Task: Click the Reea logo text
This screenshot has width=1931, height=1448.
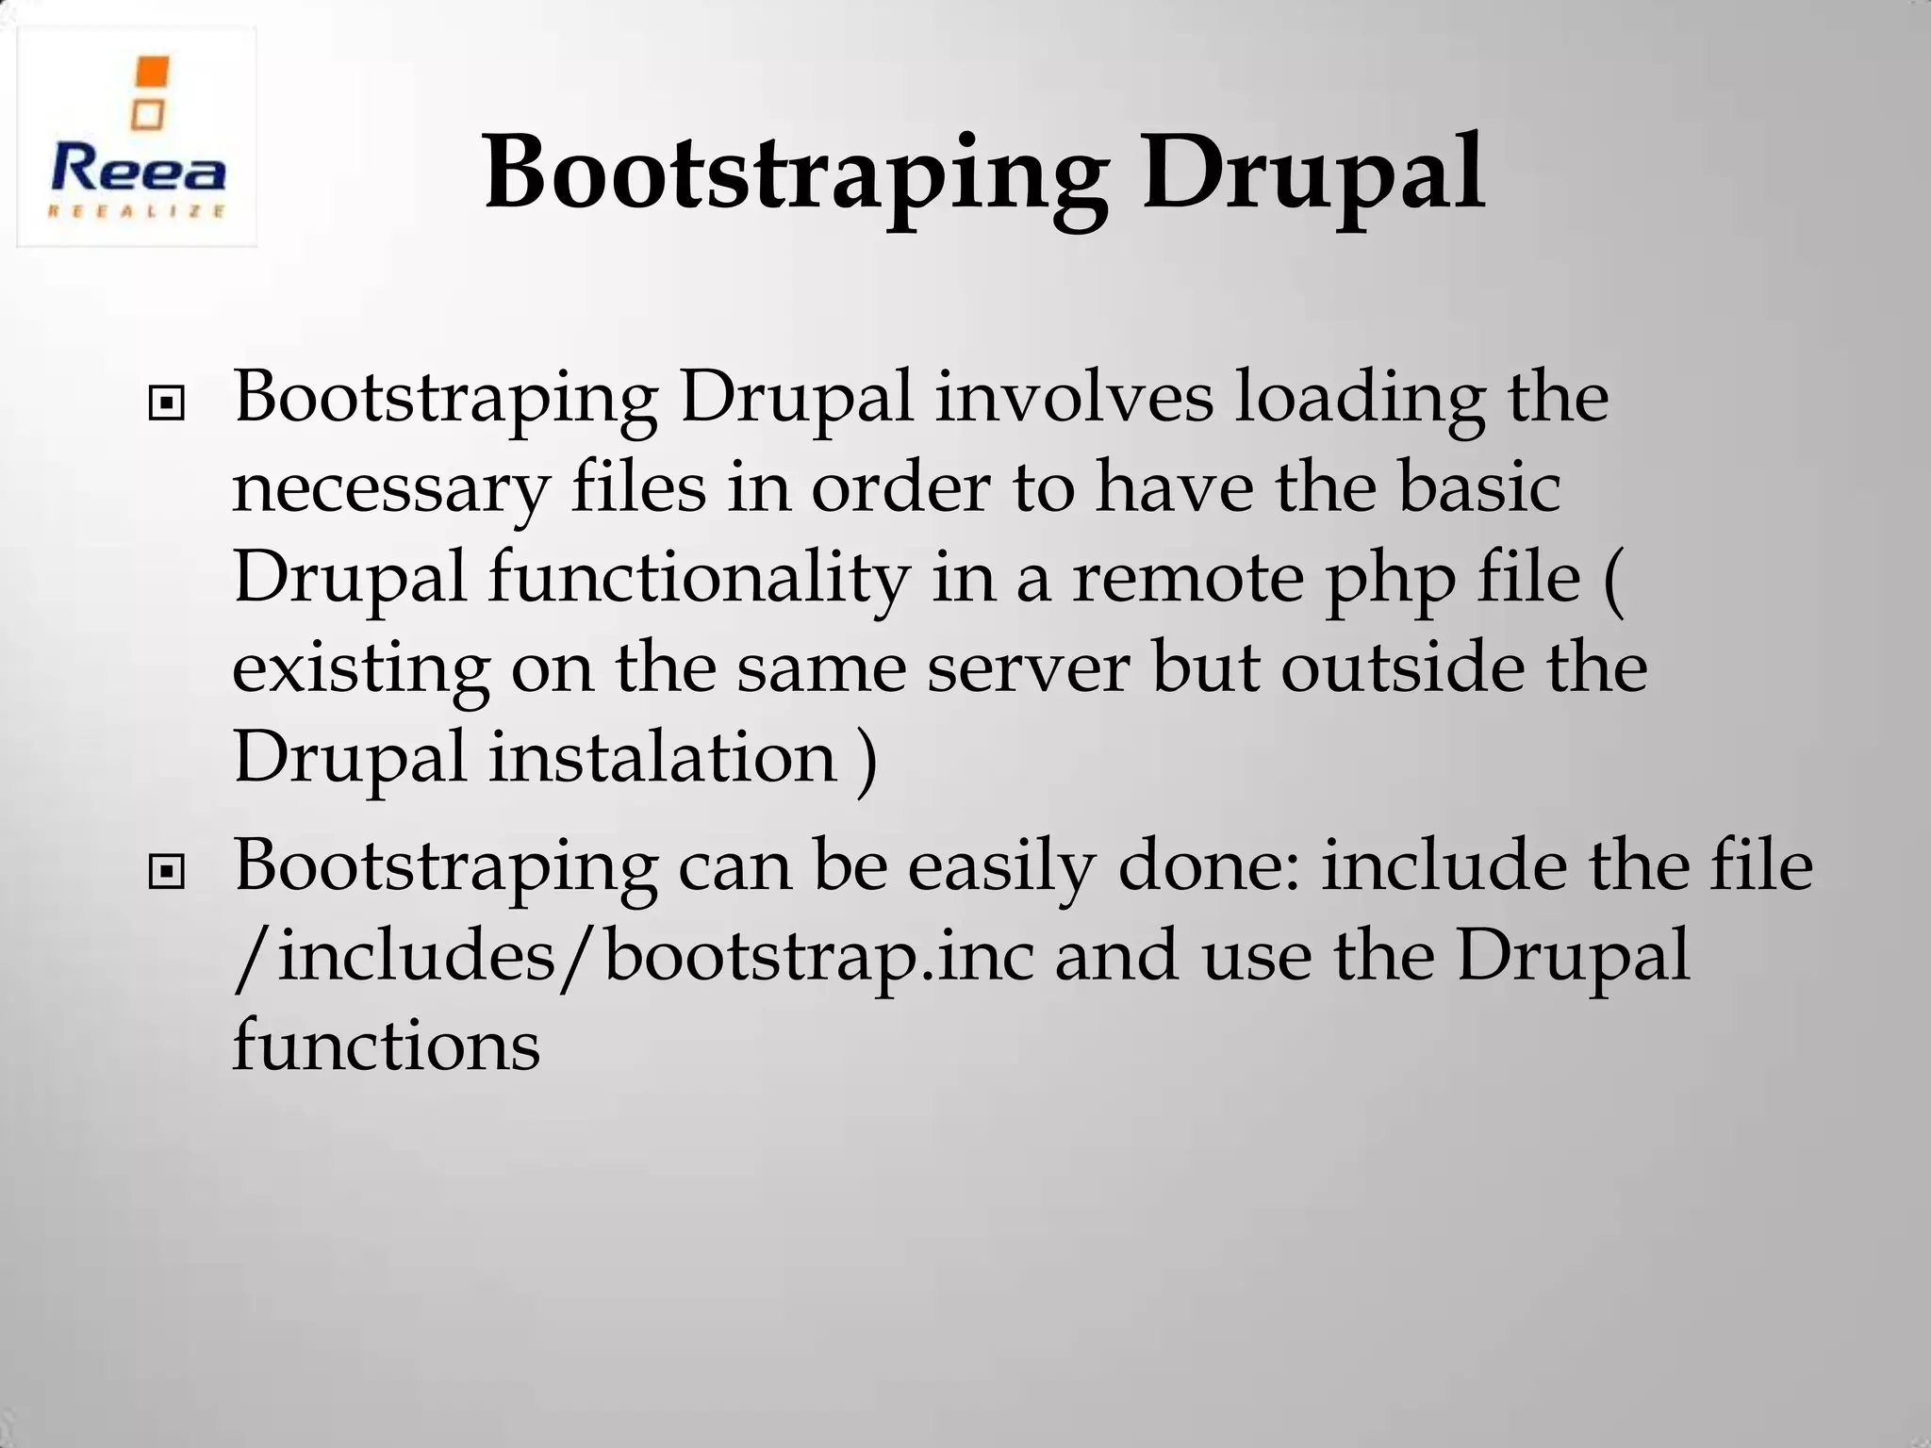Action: [138, 171]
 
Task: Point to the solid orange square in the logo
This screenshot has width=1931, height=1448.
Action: [152, 73]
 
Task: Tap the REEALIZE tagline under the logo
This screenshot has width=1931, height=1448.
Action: [138, 211]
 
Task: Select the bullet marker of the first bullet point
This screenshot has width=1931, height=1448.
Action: [167, 405]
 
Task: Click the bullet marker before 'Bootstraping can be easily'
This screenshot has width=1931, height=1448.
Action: [167, 873]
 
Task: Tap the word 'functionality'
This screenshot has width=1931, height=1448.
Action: [699, 577]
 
